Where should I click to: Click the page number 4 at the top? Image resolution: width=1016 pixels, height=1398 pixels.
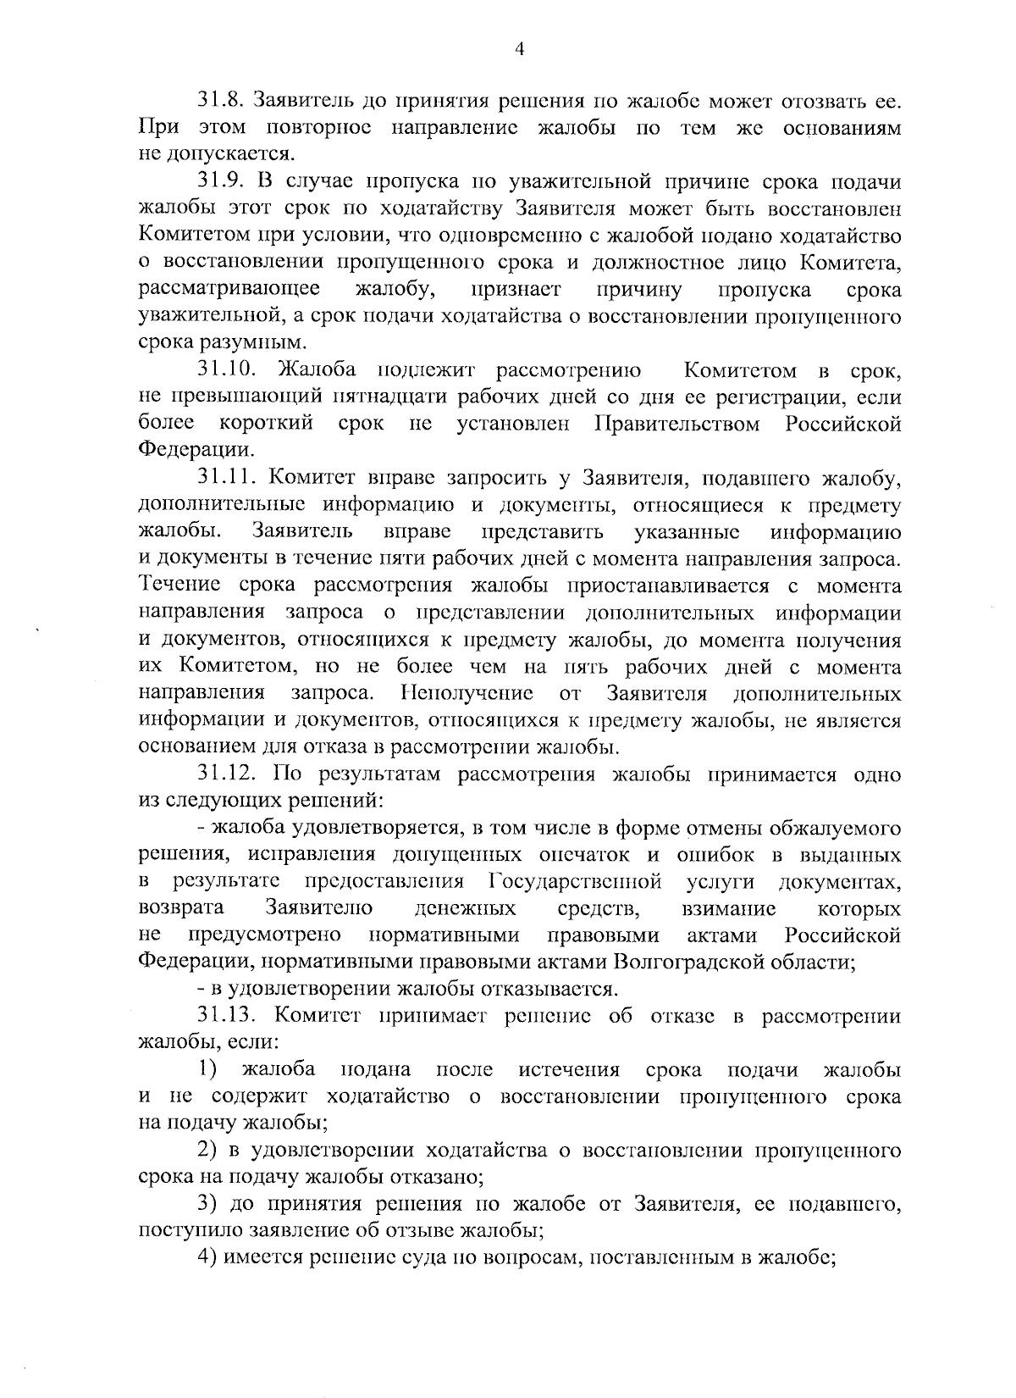pos(520,50)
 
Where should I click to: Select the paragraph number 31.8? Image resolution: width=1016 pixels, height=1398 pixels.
pos(221,101)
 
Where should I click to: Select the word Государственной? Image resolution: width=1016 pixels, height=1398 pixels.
pos(575,882)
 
